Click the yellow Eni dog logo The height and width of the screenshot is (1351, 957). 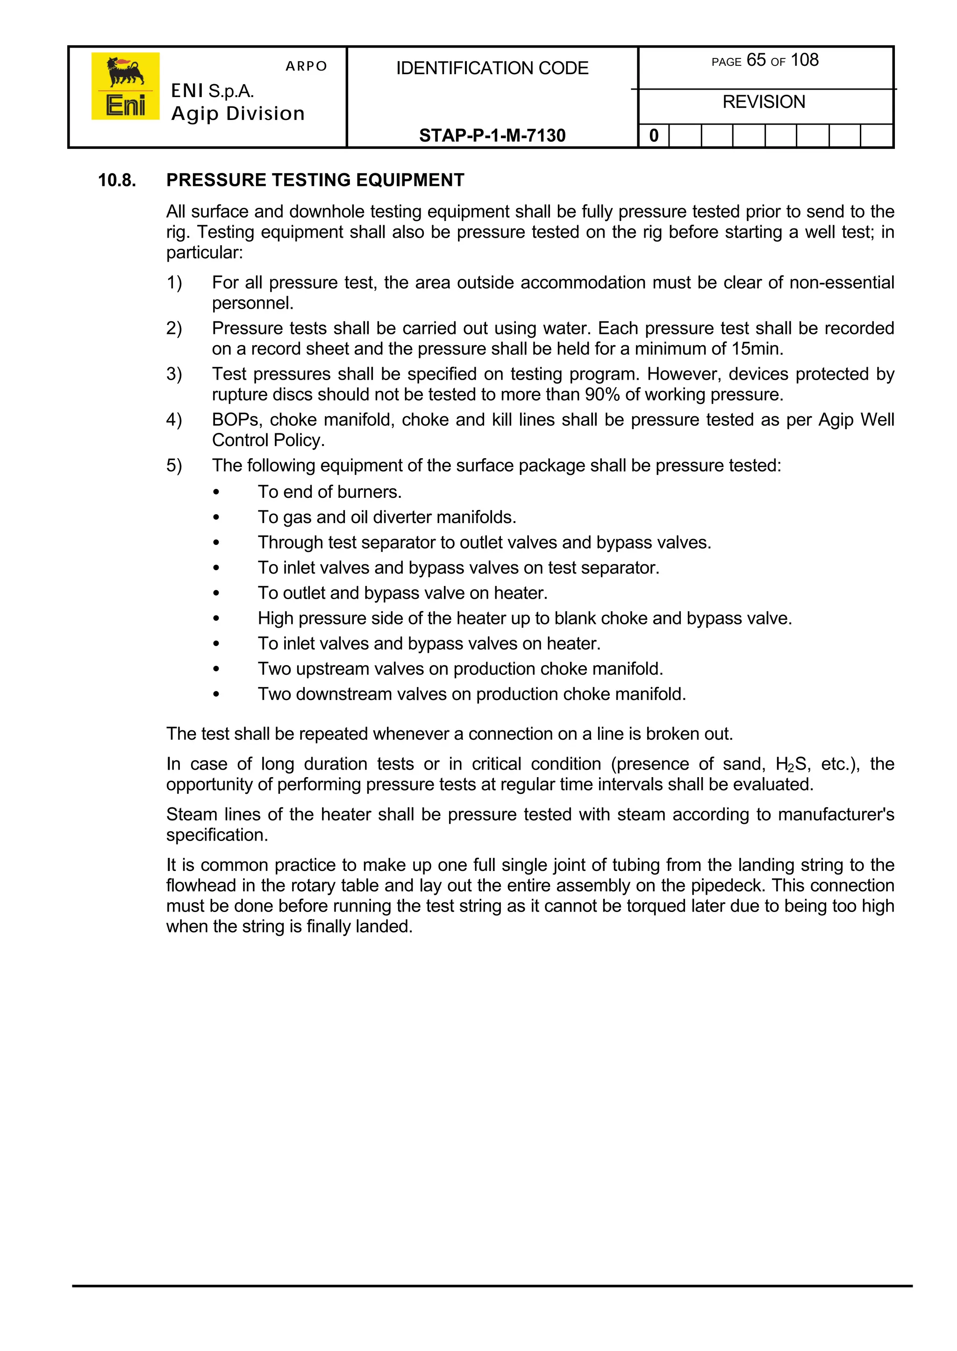pos(125,86)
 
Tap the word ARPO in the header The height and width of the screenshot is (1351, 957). pos(306,66)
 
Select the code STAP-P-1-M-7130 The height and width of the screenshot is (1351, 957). pos(492,135)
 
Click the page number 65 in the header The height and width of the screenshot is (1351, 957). pos(756,60)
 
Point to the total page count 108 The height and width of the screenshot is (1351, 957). pos(804,60)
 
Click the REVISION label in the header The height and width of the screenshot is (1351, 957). pos(764,102)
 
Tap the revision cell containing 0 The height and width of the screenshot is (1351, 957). pos(654,136)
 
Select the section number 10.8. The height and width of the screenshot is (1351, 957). pos(117,180)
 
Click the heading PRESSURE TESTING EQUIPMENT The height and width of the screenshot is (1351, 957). pos(315,180)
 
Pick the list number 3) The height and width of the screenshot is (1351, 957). pos(174,374)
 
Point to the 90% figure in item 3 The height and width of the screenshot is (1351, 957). pos(602,395)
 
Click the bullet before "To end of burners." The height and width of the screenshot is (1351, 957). pos(216,492)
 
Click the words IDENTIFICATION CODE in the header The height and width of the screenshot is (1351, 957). pos(492,68)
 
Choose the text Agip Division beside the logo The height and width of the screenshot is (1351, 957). pos(237,113)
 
